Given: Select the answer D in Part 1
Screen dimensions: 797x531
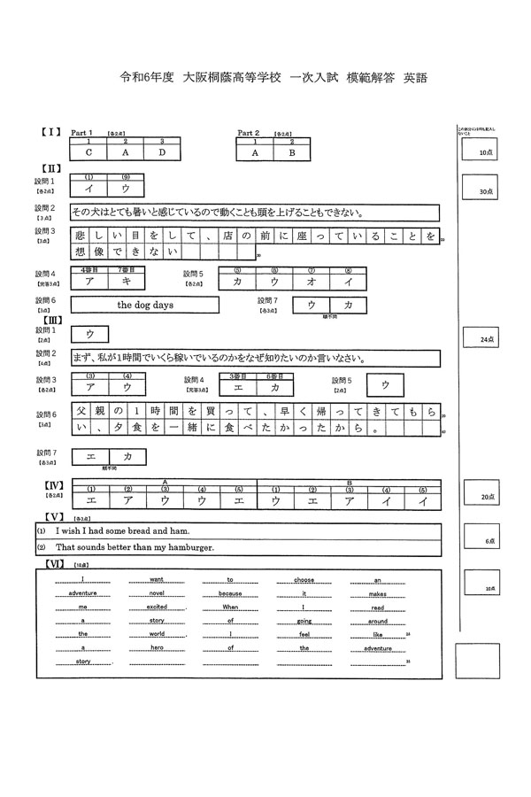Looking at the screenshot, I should coord(162,152).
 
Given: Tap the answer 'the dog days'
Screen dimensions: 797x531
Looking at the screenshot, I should coord(144,305).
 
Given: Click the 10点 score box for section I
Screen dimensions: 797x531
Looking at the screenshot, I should coord(483,152).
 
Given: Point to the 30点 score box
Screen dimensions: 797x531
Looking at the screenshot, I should coord(483,190).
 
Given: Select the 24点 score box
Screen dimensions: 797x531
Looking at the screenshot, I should coord(483,338).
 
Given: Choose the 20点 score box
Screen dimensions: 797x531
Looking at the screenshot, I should coord(483,498).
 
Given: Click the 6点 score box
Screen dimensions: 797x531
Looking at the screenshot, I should coord(483,540).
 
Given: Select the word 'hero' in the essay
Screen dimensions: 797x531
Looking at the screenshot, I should coord(157,648).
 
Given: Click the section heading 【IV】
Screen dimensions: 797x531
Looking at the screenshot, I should coord(54,484).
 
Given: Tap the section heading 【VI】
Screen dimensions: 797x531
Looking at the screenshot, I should coord(54,563).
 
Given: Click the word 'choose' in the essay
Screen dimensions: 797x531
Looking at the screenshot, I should coord(304,580).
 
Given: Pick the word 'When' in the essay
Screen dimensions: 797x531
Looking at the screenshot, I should coord(230,607).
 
